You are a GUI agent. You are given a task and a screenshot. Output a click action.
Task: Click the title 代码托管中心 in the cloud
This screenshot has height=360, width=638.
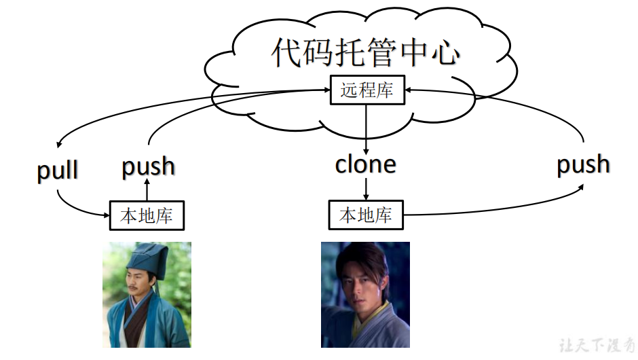point(367,52)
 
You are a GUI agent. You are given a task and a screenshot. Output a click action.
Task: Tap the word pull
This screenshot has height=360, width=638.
point(58,170)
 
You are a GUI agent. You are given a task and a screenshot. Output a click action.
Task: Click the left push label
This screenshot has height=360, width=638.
point(148,166)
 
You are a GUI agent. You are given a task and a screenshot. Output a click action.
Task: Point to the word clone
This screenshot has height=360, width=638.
point(366,164)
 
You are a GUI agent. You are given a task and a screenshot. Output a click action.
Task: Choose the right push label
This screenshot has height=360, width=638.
point(583,164)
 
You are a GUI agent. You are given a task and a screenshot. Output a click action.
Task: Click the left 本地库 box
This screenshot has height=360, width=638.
point(147,216)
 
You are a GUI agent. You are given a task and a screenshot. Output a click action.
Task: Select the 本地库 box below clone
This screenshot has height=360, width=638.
point(366,215)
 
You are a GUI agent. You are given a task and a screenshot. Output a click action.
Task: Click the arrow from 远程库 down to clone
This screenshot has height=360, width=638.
point(367,129)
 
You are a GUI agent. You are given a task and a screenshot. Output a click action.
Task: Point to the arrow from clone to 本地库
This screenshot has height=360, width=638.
point(367,189)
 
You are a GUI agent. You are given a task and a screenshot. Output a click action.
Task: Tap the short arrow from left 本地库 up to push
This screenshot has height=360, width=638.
point(147,190)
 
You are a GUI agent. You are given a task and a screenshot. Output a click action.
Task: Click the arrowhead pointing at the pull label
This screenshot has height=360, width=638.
point(60,145)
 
